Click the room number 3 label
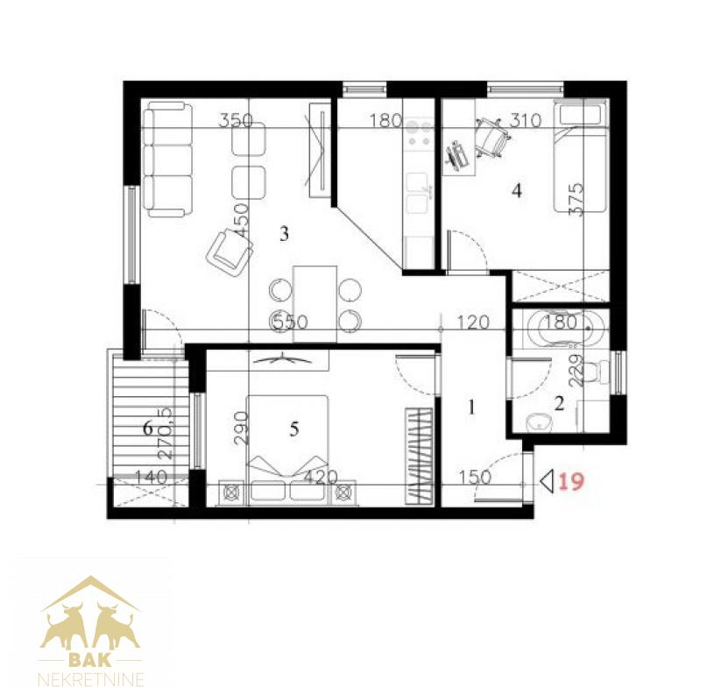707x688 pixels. click(x=284, y=234)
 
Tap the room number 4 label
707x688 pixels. click(x=517, y=190)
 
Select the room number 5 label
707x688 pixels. click(x=294, y=429)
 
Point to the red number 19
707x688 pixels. click(x=571, y=481)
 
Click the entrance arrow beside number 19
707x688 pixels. click(x=547, y=481)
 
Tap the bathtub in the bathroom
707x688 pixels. click(x=561, y=328)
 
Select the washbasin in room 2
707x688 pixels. click(x=540, y=422)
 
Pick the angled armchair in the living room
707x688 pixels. click(x=229, y=252)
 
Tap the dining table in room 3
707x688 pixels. click(x=315, y=303)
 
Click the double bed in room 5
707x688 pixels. click(x=287, y=448)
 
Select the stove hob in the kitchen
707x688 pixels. click(x=419, y=131)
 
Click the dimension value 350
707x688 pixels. click(x=236, y=120)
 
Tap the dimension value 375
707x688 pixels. click(x=576, y=200)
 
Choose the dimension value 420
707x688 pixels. click(x=321, y=477)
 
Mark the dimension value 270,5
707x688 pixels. click(x=166, y=433)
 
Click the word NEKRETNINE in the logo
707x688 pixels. click(x=92, y=678)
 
